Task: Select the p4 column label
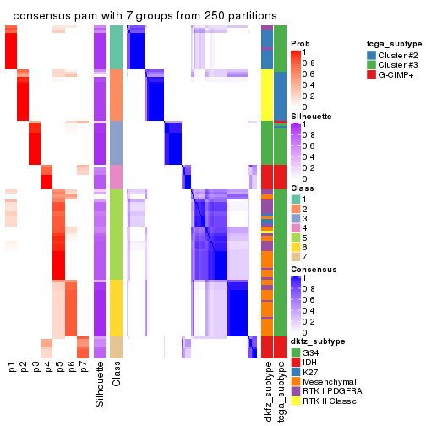(x=47, y=368)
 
